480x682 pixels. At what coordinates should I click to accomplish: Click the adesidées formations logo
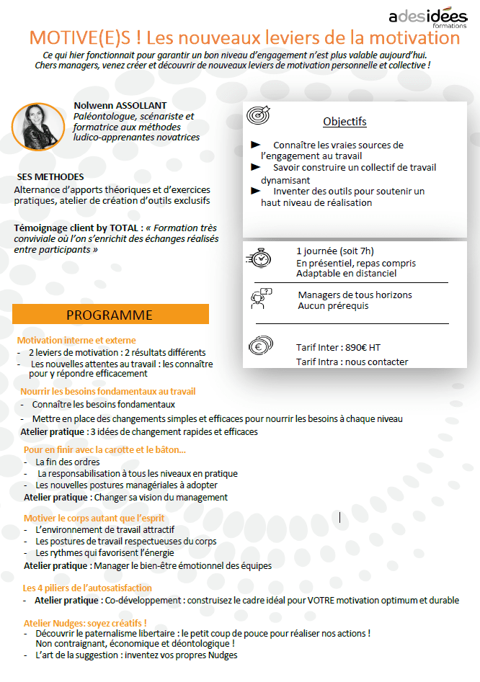tap(428, 17)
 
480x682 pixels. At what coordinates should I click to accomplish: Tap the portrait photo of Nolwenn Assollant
tap(38, 126)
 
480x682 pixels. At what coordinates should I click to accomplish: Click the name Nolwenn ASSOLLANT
tap(120, 105)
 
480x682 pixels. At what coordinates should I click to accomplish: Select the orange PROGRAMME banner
tap(110, 315)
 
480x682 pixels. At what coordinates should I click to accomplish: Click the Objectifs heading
tap(345, 121)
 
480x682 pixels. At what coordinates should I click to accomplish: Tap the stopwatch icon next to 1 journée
tap(259, 258)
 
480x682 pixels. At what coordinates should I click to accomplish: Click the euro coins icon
tap(261, 347)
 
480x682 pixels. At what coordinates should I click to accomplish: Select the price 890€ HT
tap(363, 347)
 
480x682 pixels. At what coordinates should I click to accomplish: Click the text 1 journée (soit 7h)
tap(335, 251)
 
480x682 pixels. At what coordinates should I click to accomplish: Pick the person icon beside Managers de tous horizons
tap(260, 298)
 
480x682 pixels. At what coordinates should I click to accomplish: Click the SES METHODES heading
tap(50, 176)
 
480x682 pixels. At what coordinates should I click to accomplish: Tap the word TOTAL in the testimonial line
tap(124, 228)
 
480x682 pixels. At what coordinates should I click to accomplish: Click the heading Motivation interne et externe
tap(76, 340)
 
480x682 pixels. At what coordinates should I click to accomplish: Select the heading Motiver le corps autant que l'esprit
tap(94, 518)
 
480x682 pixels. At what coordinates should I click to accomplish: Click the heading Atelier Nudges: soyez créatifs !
tap(85, 622)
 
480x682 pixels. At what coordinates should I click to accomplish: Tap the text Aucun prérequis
tap(333, 306)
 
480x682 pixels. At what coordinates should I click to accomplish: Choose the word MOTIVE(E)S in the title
tap(79, 37)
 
